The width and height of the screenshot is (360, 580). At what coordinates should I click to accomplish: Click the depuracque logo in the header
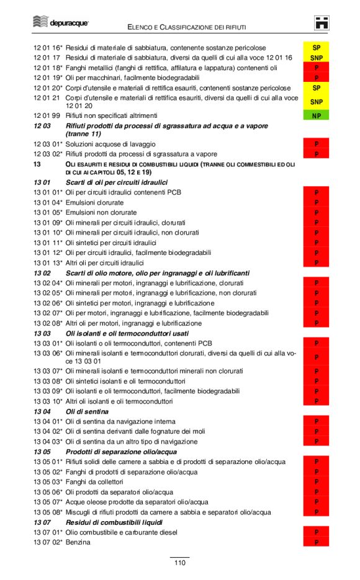tap(60, 23)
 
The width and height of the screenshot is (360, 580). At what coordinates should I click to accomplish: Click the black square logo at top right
tap(322, 23)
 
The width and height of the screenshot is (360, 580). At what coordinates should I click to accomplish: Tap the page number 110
tap(179, 563)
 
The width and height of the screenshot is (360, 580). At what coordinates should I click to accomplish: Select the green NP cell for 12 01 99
tap(316, 115)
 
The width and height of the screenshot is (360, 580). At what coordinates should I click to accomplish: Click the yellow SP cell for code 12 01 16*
tap(316, 48)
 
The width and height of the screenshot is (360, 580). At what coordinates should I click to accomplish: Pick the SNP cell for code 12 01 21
tap(316, 102)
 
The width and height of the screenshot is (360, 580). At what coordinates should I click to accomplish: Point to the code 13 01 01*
tap(48, 192)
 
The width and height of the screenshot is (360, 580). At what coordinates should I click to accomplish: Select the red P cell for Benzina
tap(316, 542)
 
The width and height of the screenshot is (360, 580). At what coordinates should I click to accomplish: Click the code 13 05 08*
tap(48, 512)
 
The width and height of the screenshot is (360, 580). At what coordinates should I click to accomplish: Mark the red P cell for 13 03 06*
tap(316, 357)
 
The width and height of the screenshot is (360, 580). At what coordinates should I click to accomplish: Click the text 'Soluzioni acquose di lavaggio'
tap(110, 144)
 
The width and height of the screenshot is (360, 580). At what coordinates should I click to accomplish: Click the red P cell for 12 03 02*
tap(316, 154)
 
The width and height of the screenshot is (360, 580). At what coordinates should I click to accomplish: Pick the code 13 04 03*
tap(48, 442)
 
